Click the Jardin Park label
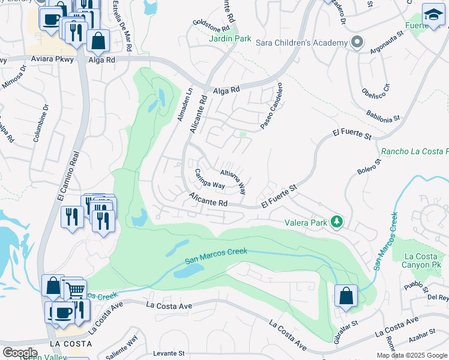point(231,38)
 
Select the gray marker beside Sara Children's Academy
point(357,43)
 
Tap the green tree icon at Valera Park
point(337,223)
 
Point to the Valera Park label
point(306,223)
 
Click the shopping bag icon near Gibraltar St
point(346,296)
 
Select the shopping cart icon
point(75,290)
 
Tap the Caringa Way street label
point(209,179)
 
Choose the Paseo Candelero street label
point(271,107)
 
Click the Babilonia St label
point(383,116)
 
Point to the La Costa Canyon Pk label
point(421,260)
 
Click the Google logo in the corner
point(19,352)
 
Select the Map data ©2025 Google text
point(412,355)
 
